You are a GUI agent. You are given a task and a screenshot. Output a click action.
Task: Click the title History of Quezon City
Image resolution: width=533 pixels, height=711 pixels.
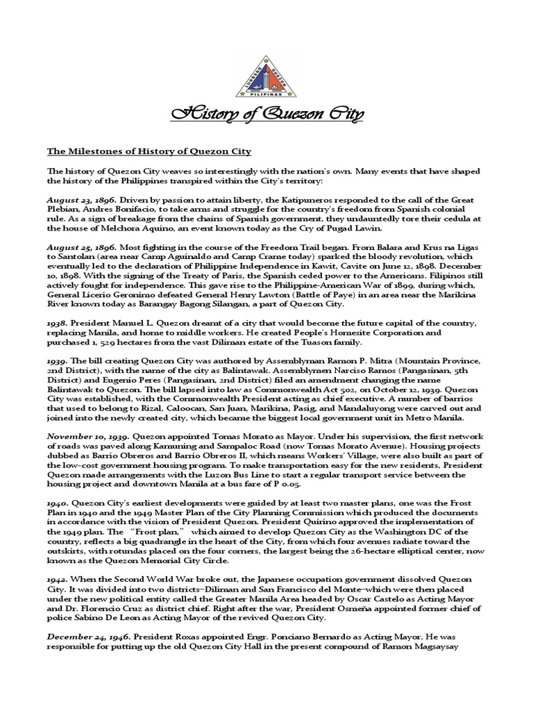pos(266,114)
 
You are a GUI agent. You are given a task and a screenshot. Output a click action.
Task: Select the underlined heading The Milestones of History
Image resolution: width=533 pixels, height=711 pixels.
pos(149,151)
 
